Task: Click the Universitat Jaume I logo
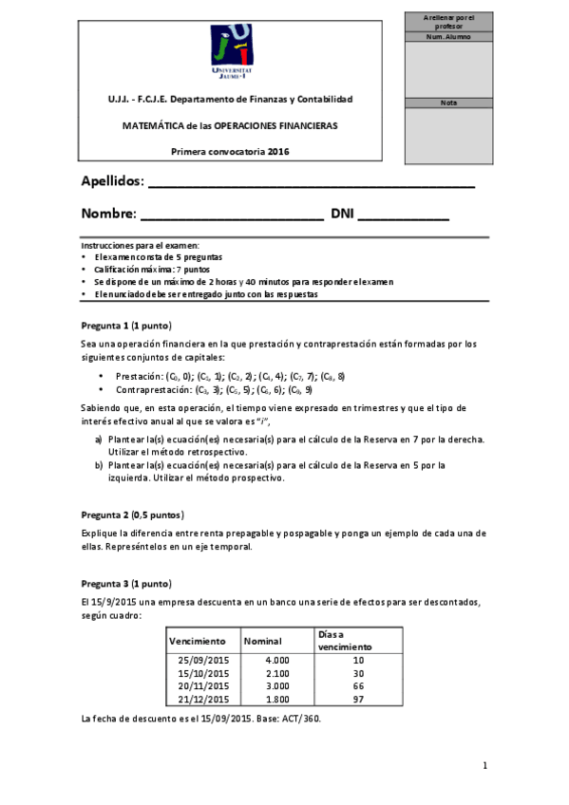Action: click(x=231, y=54)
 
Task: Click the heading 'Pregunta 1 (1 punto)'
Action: click(x=126, y=326)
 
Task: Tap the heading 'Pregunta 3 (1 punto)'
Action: click(x=126, y=582)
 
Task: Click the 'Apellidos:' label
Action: click(x=113, y=181)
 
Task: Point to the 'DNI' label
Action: click(x=341, y=215)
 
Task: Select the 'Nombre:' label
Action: click(x=108, y=215)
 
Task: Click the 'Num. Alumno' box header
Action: click(x=448, y=36)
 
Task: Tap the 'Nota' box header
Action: click(x=448, y=103)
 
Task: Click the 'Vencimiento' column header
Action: click(x=197, y=641)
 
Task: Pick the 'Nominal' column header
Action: click(x=263, y=641)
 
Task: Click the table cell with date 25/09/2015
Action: click(x=205, y=660)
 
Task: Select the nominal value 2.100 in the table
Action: click(x=276, y=673)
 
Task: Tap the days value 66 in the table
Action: click(x=357, y=685)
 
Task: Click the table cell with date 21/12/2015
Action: click(x=205, y=699)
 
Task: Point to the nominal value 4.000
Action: click(x=276, y=660)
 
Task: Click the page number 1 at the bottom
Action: click(x=484, y=765)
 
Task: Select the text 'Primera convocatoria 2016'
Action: click(x=230, y=151)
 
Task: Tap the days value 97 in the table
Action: click(x=357, y=699)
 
